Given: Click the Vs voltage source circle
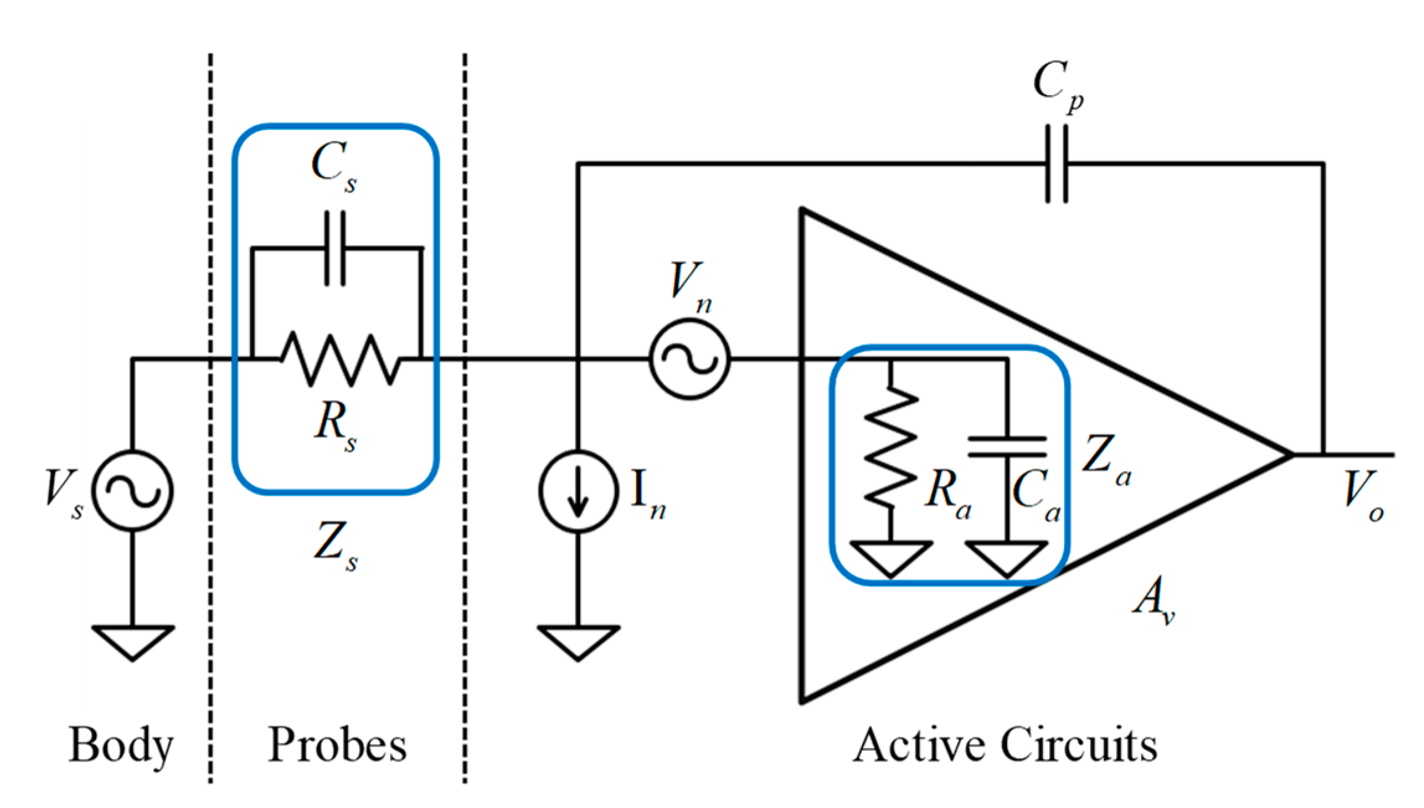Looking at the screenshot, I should point(132,490).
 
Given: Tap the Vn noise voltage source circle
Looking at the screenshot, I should point(689,359).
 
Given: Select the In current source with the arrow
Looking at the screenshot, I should point(578,491).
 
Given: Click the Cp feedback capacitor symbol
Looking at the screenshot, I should point(1057,164).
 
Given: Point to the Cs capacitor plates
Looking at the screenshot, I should point(336,248).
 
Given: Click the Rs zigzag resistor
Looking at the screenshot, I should point(339,359).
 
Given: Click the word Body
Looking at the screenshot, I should point(120,745).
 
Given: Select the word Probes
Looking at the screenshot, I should point(337,744).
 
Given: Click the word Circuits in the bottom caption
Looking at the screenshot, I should point(1079,744).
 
